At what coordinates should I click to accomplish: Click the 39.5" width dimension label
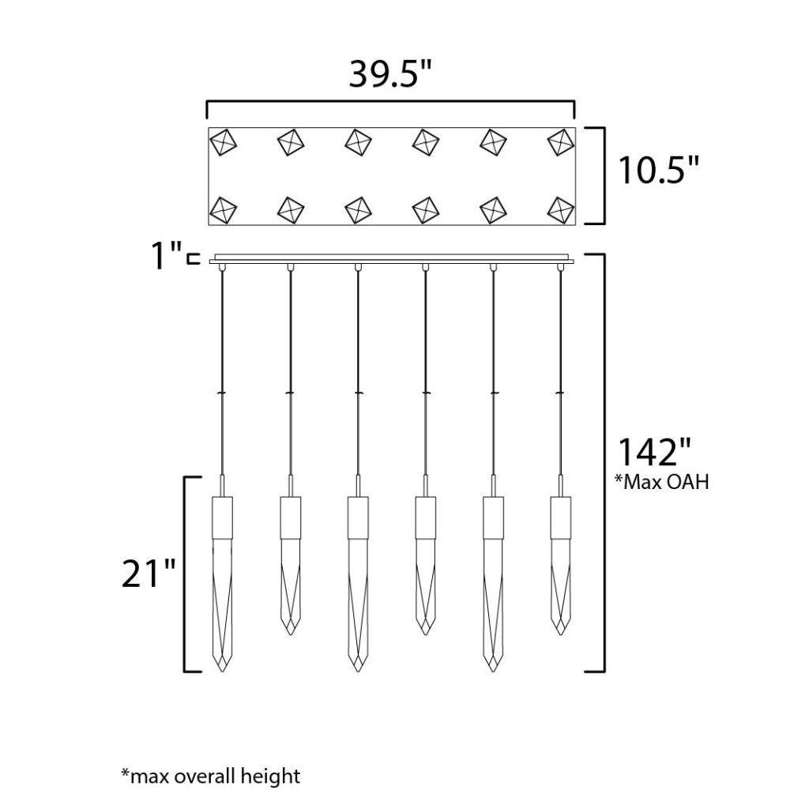coord(391,74)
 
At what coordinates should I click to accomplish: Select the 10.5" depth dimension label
coord(659,171)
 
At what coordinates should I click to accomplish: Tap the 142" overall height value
coord(654,453)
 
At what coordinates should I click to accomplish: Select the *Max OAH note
coord(661,482)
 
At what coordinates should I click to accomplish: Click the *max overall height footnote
coord(211,775)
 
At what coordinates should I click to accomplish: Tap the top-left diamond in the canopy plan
coord(223,142)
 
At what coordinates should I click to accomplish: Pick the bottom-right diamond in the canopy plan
coord(560,209)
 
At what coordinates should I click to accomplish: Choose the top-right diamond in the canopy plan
coord(560,142)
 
